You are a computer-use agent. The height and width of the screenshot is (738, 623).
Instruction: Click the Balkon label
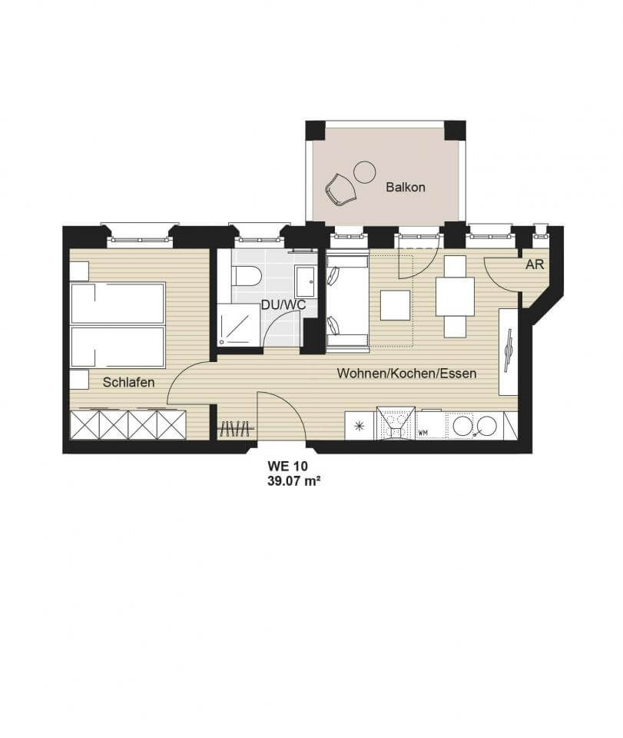click(x=406, y=187)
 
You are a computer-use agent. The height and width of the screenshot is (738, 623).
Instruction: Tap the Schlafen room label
click(x=128, y=382)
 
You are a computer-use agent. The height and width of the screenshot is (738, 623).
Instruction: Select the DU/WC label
click(x=283, y=305)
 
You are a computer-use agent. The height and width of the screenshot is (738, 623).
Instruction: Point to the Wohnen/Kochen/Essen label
click(x=406, y=374)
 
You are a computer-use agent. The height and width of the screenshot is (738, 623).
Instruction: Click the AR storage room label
click(x=535, y=264)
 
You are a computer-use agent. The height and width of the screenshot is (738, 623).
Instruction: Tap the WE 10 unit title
click(x=287, y=466)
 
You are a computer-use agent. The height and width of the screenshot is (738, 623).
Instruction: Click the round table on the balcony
click(x=364, y=171)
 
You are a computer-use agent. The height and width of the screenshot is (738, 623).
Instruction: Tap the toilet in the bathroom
click(x=247, y=276)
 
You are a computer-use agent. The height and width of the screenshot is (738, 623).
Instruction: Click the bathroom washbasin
click(x=307, y=281)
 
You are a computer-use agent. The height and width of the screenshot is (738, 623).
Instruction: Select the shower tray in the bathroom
click(x=239, y=324)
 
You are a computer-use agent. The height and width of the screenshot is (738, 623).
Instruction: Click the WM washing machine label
click(x=423, y=433)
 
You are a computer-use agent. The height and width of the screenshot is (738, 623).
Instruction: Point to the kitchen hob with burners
click(x=395, y=424)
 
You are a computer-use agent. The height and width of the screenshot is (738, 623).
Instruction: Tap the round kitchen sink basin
click(x=462, y=426)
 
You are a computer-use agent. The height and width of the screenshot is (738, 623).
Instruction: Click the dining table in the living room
click(x=455, y=297)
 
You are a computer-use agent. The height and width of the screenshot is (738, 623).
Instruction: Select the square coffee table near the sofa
click(x=396, y=305)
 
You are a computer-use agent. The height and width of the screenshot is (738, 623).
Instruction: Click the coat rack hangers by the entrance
click(x=236, y=428)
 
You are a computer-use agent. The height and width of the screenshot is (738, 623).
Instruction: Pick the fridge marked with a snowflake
click(x=360, y=426)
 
